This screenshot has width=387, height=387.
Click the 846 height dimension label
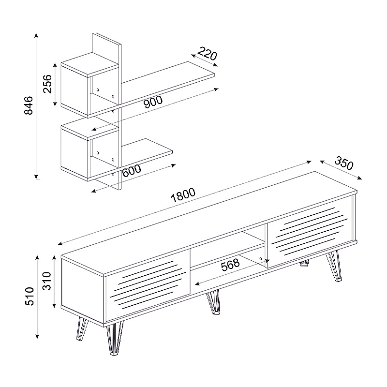click(x=29, y=105)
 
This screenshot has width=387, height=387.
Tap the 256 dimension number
click(x=47, y=84)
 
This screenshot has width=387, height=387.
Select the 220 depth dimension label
click(x=207, y=54)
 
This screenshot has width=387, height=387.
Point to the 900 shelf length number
click(x=153, y=102)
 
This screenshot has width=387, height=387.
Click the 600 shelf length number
click(x=132, y=170)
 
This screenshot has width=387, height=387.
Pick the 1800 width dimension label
click(x=183, y=195)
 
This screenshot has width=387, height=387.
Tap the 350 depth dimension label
click(x=344, y=164)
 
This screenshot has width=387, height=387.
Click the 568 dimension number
click(x=230, y=265)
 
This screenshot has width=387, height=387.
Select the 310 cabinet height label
click(x=47, y=281)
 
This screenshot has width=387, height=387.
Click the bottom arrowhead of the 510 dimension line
click(x=37, y=336)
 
